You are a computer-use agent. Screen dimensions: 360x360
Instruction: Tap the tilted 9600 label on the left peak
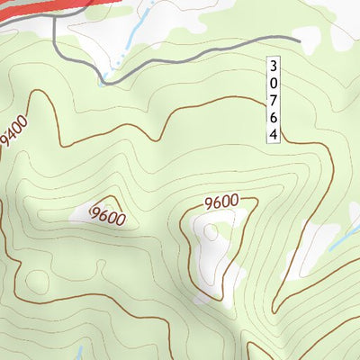click(107, 217)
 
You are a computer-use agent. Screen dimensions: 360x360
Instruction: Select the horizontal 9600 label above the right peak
click(221, 202)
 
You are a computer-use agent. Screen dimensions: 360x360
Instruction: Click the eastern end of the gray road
click(298, 39)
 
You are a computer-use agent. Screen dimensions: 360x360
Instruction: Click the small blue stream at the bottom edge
click(79, 353)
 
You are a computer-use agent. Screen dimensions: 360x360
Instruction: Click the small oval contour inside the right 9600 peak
click(211, 233)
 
